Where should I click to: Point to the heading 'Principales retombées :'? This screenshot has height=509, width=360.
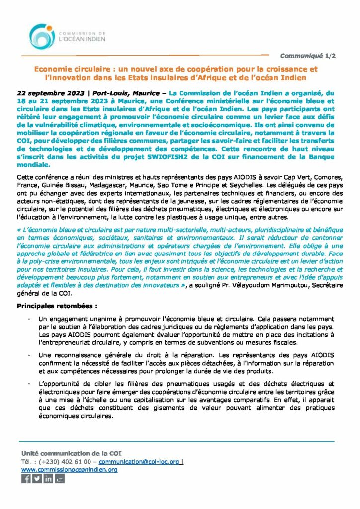point(57,306)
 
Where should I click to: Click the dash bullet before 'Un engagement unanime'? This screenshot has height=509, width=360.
point(30,319)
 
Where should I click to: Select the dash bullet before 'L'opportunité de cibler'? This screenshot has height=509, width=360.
point(30,384)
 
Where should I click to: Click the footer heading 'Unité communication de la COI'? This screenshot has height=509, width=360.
point(71,453)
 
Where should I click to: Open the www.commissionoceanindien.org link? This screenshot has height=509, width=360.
point(69,470)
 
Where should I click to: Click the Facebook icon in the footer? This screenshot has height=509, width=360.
point(26,479)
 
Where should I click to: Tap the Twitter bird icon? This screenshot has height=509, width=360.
point(37,479)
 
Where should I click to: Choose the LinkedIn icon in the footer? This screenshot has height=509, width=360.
point(49,479)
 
